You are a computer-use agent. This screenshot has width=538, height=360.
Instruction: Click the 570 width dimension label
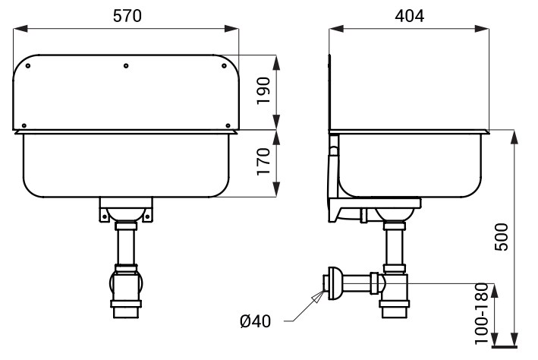[x=127, y=16]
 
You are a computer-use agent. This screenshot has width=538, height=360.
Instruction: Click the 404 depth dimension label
[x=409, y=16]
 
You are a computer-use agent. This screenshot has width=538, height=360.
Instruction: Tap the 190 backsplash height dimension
[x=264, y=90]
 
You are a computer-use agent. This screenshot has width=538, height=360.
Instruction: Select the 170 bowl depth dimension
[x=264, y=162]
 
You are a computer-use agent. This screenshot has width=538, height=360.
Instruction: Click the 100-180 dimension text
[x=481, y=313]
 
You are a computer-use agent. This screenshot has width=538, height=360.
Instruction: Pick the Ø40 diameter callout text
[x=255, y=321]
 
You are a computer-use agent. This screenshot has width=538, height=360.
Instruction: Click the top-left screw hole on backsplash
[x=28, y=65]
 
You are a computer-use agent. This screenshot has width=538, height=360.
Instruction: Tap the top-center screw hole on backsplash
[x=126, y=65]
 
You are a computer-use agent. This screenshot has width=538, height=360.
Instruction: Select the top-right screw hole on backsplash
[x=224, y=65]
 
